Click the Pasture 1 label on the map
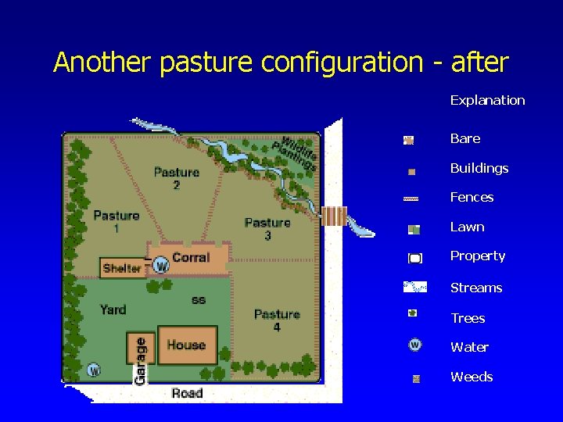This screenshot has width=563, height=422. tap(117, 221)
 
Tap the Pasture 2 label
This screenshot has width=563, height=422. tap(177, 178)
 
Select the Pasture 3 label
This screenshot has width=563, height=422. tap(267, 229)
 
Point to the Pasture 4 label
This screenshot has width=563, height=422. tap(277, 320)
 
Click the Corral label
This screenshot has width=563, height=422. tap(191, 257)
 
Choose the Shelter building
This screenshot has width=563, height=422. tap(122, 268)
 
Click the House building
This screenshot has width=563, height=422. tap(186, 345)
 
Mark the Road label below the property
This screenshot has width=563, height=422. tap(187, 393)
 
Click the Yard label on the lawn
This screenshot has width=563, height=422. tap(113, 309)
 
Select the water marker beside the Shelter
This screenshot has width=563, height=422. tap(161, 266)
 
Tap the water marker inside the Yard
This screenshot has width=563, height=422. tap(93, 370)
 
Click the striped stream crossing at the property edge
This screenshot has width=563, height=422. tap(334, 216)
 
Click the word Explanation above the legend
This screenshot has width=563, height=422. tap(487, 100)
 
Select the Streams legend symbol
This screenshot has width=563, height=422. tap(414, 287)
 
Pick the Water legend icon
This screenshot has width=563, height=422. tap(414, 345)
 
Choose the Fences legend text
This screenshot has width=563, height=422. tap(472, 197)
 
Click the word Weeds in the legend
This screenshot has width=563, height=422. tap(472, 377)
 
